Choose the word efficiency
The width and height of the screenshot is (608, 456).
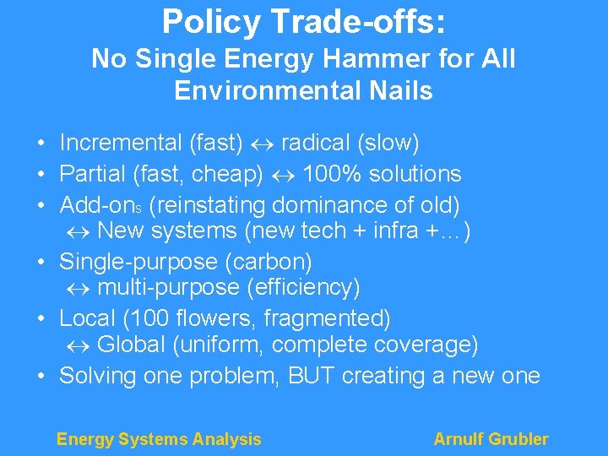pyautogui.click(x=303, y=288)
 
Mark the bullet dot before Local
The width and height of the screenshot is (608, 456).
pyautogui.click(x=41, y=319)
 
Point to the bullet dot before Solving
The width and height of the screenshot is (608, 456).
pyautogui.click(x=41, y=377)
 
